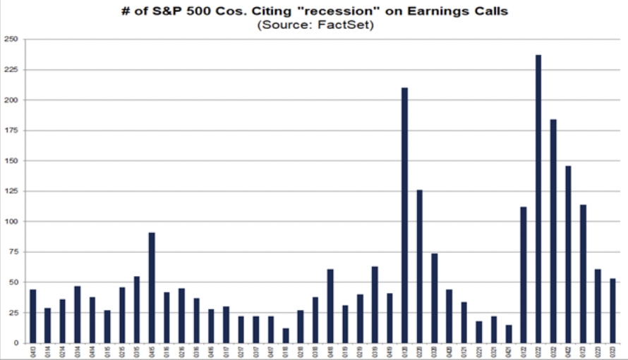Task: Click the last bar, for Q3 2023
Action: (x=612, y=311)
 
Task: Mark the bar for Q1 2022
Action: (x=524, y=275)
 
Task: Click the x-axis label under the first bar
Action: (x=32, y=350)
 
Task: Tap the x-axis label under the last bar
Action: (x=612, y=350)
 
